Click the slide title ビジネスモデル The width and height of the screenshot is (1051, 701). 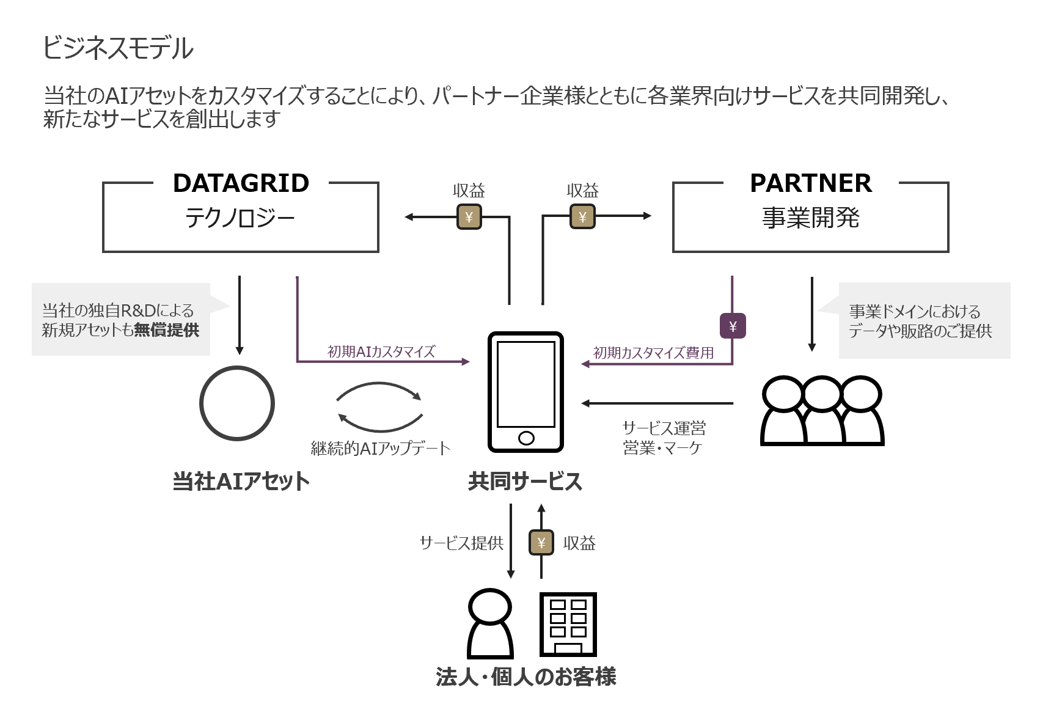pos(118,48)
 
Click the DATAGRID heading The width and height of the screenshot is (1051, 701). pos(241,183)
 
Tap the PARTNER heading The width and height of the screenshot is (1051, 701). pos(810,183)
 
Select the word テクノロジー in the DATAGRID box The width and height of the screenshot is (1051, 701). pos(240,218)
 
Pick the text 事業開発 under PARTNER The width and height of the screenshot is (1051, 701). pos(810,218)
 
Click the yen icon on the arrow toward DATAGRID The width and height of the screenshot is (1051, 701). pos(469,217)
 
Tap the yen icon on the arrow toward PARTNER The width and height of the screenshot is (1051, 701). pos(582,217)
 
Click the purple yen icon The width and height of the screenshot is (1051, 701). pos(733,326)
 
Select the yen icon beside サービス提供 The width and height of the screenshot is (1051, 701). pos(541,543)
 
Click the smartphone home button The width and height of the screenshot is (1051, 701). pos(525,438)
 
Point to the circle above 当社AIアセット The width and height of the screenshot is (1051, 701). pos(237,403)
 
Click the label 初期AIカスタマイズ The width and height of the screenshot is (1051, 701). pos(381,351)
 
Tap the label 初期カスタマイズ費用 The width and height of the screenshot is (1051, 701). pos(653,353)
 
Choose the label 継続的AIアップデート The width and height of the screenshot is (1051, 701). pos(380,449)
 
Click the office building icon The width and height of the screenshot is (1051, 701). pos(568,624)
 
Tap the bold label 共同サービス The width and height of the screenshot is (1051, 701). pos(525,482)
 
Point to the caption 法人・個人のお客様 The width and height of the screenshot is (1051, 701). pos(525,677)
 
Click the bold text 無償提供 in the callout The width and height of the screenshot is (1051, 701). pos(166,330)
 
